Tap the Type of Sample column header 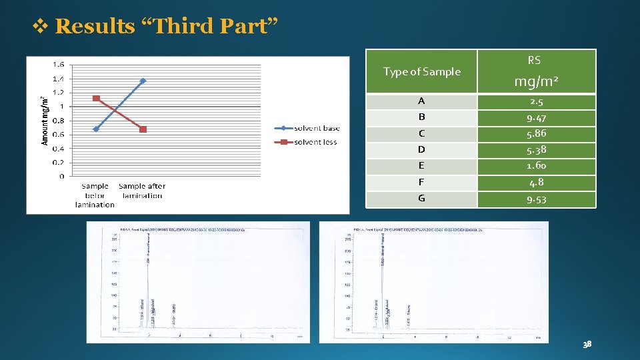pyautogui.click(x=422, y=72)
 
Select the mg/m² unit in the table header pyautogui.click(x=535, y=82)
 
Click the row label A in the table pyautogui.click(x=421, y=102)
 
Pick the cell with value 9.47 pyautogui.click(x=536, y=118)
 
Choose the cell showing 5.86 pyautogui.click(x=536, y=133)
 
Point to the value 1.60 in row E pyautogui.click(x=536, y=166)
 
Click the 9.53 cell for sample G pyautogui.click(x=536, y=199)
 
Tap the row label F pyautogui.click(x=421, y=182)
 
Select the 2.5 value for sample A pyautogui.click(x=536, y=102)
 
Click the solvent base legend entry pyautogui.click(x=314, y=128)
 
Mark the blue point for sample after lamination pyautogui.click(x=143, y=81)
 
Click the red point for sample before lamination pyautogui.click(x=96, y=98)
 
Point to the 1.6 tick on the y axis pyautogui.click(x=59, y=65)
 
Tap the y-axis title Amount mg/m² pyautogui.click(x=45, y=120)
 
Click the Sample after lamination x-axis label pyautogui.click(x=142, y=191)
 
